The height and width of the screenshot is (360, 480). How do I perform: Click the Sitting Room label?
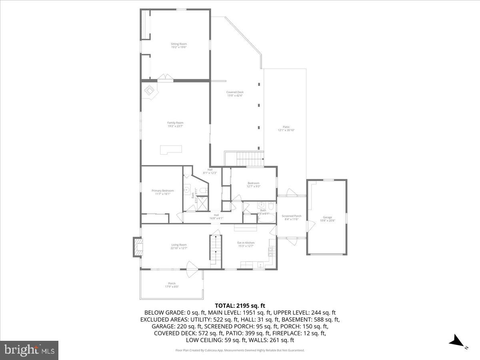pos(179,45)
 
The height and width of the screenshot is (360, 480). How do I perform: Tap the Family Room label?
pos(175,124)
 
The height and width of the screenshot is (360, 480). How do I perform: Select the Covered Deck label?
pos(235,94)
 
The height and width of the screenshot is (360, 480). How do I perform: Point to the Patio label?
pos(286,128)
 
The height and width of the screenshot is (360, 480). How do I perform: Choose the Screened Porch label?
pos(292,217)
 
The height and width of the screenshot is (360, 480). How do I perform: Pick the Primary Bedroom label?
pos(162,192)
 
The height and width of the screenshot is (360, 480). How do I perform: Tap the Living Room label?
pos(179,246)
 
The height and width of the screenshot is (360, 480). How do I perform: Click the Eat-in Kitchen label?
pos(246,244)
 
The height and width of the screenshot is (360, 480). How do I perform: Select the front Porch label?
pos(172,285)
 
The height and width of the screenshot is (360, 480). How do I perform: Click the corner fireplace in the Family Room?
pos(150,91)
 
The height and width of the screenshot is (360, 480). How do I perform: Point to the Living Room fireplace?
pos(138,247)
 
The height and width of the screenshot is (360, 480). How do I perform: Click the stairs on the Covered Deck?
pos(250,159)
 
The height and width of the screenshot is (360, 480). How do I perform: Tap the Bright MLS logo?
pos(29,350)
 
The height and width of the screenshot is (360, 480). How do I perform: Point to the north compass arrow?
pos(456,341)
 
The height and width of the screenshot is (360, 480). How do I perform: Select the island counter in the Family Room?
pos(171,150)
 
